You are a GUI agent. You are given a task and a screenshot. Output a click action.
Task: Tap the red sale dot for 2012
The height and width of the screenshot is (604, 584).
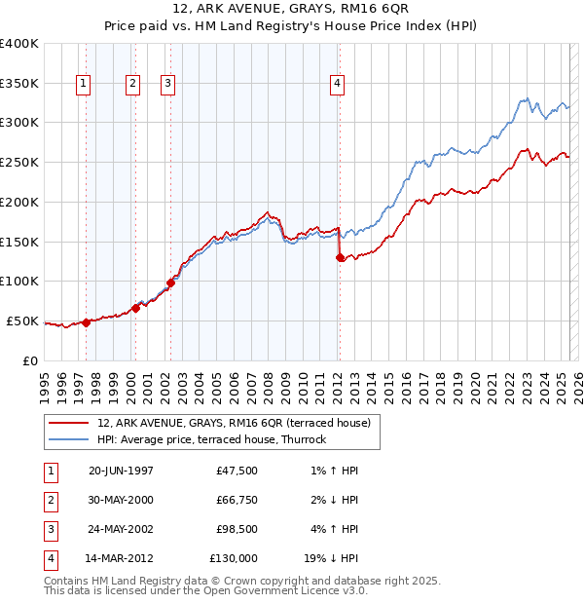tap(340, 258)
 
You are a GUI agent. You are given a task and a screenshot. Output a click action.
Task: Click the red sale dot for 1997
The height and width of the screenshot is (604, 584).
tap(86, 322)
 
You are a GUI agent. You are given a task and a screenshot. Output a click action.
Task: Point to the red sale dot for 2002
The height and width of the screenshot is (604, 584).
tap(169, 283)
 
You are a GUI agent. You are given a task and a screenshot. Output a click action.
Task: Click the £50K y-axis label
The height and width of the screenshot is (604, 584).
tap(22, 321)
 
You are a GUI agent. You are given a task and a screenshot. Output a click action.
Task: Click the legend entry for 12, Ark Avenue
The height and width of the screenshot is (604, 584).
tap(234, 423)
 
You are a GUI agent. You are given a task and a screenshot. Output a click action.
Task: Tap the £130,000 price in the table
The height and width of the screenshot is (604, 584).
tap(234, 558)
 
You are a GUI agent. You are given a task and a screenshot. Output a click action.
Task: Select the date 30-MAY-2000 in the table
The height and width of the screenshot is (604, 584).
tap(121, 500)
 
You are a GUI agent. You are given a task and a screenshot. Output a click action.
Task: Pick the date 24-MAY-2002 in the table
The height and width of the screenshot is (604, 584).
tap(121, 529)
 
